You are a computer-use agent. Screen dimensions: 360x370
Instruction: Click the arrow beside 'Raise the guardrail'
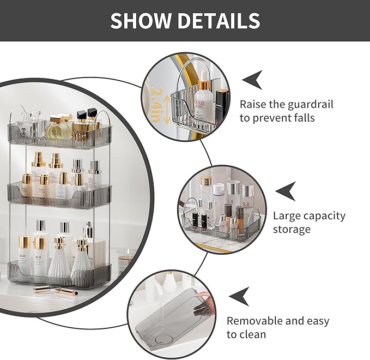(x=252, y=80)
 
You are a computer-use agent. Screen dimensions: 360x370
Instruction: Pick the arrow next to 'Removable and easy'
(x=240, y=297)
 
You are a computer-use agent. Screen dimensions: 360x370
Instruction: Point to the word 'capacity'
(x=322, y=216)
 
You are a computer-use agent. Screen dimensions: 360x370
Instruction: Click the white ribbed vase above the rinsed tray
(x=172, y=283)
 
